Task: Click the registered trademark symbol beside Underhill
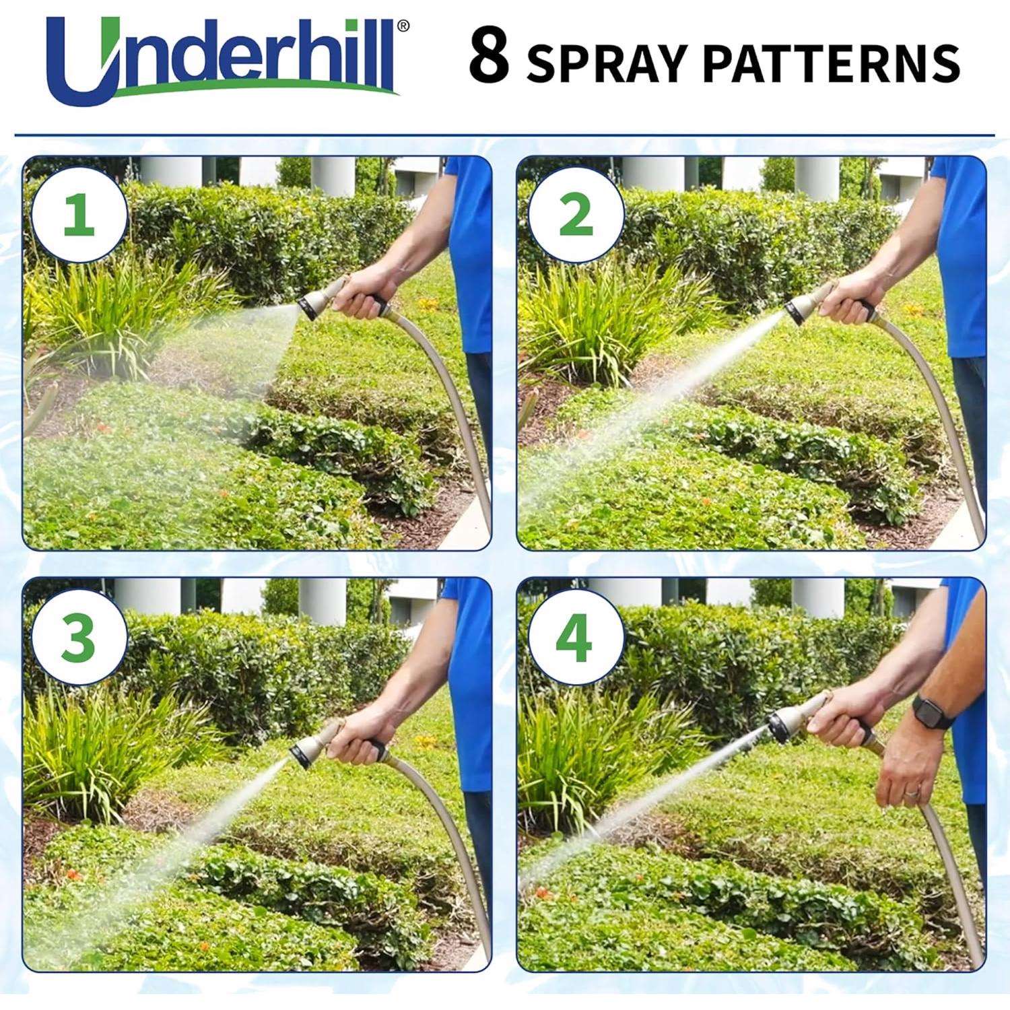point(421,26)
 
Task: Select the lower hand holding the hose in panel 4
point(912,781)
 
